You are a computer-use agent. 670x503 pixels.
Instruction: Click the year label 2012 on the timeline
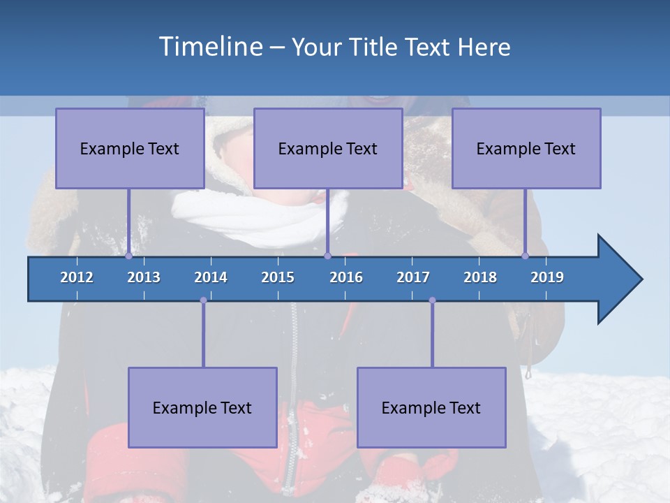(77, 277)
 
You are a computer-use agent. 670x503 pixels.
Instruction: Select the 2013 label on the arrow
(144, 277)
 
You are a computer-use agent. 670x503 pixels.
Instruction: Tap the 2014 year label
(211, 277)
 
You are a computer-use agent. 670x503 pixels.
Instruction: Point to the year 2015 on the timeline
(278, 277)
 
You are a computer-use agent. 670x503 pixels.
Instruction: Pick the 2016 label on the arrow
(346, 277)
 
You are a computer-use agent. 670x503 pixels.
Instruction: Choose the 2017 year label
(413, 277)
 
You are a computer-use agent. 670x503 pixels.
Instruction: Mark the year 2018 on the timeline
(480, 277)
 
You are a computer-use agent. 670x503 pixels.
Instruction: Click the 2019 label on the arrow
(547, 277)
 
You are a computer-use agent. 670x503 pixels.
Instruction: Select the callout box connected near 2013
(130, 148)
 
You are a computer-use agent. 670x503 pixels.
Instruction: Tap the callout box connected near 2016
(328, 148)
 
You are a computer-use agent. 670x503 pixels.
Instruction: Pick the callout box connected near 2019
(526, 148)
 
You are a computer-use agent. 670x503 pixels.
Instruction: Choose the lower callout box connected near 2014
(202, 407)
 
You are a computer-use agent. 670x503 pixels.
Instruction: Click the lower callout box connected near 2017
(431, 407)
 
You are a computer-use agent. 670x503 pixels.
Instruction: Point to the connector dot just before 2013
(128, 256)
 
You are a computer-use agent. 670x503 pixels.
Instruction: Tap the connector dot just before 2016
(327, 256)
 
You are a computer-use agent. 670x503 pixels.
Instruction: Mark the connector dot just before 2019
(526, 256)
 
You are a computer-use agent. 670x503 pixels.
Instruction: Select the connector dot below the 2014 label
(203, 300)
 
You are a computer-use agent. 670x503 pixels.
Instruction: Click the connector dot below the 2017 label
(432, 300)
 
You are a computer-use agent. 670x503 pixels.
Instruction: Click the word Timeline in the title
(210, 46)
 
